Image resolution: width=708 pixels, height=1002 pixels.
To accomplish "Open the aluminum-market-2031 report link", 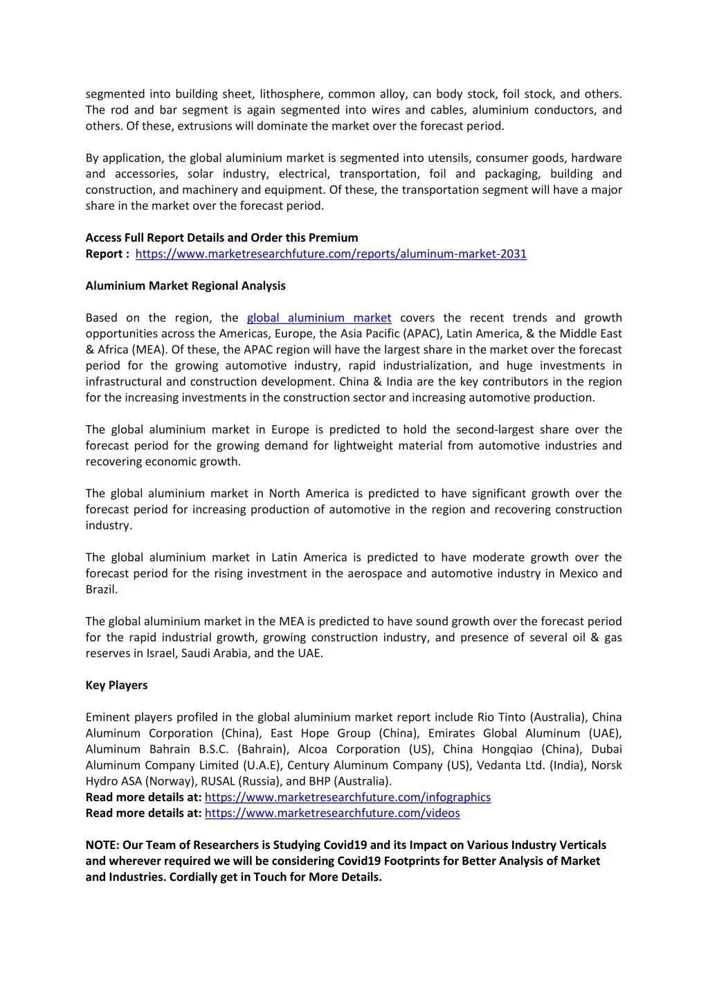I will pos(331,254).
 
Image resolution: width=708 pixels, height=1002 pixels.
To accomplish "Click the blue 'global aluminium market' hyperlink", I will pos(319,318).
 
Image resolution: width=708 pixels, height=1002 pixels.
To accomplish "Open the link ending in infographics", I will pos(347,798).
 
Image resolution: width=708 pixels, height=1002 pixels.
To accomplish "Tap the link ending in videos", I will pos(332,814).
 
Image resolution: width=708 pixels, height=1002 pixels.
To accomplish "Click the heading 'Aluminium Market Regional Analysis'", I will pos(185,286).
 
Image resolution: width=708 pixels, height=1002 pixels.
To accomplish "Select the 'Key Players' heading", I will pos(116,686).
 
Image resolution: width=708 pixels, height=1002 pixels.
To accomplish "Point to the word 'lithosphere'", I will pos(289,94).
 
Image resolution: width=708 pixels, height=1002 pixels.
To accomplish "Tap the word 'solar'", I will pos(200,174).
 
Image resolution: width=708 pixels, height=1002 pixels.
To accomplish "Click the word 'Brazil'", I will pos(101,590).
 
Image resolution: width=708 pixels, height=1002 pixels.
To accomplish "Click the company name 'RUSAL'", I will pos(218,782).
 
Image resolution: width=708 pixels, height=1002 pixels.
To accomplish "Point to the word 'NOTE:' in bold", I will pos(102,846).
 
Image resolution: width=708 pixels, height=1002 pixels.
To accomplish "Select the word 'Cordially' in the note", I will pos(195,877).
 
